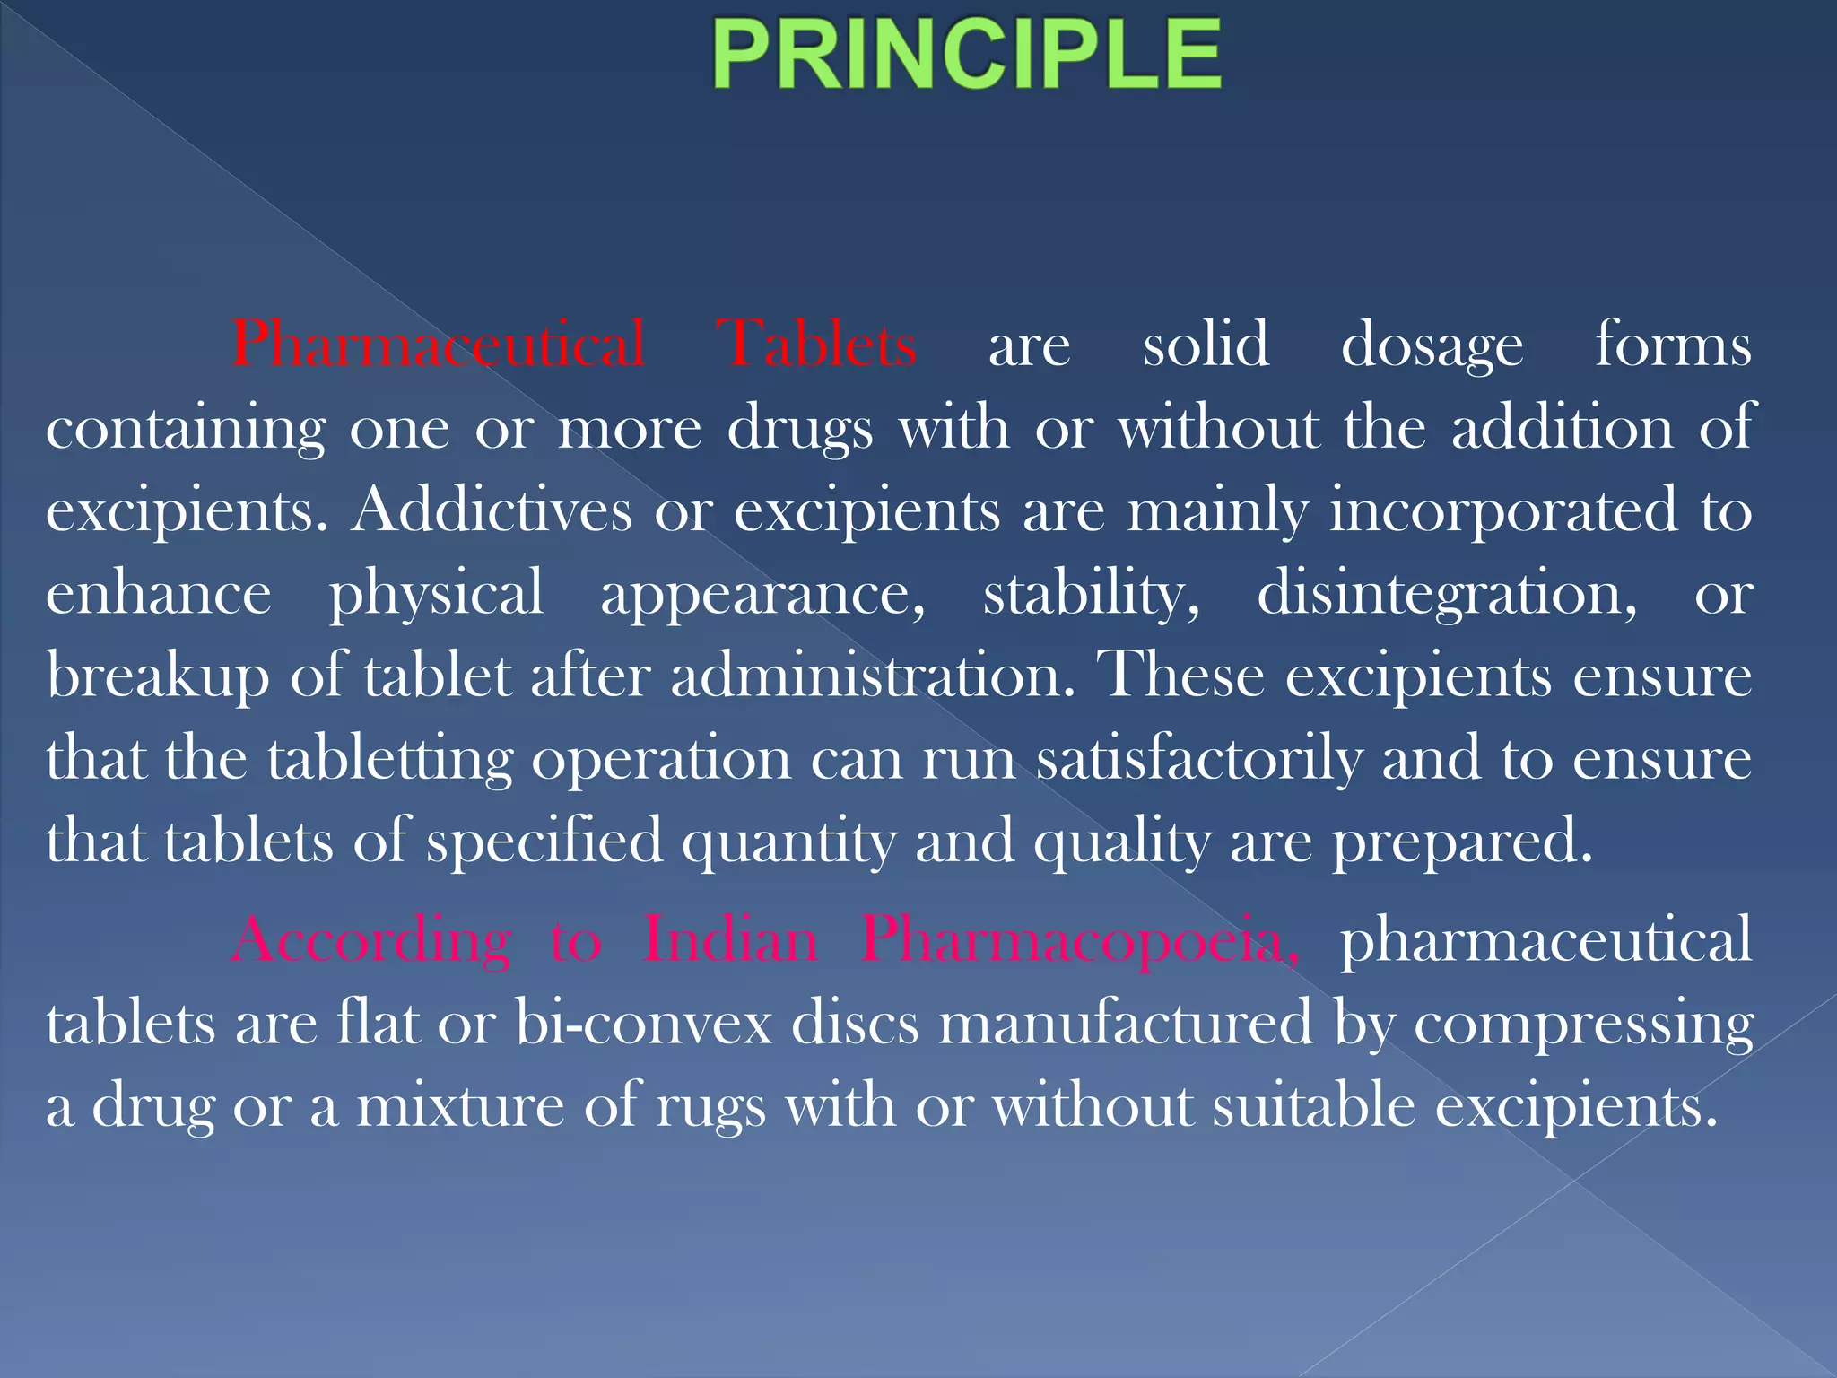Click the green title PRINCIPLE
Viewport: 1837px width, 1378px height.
pos(967,56)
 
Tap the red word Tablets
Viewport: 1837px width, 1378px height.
pos(816,344)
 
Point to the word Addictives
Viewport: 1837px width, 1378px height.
pos(492,510)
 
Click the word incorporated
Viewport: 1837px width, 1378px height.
pos(1503,510)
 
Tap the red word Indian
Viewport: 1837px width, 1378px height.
pos(731,940)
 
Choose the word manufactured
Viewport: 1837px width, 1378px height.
pos(1126,1024)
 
